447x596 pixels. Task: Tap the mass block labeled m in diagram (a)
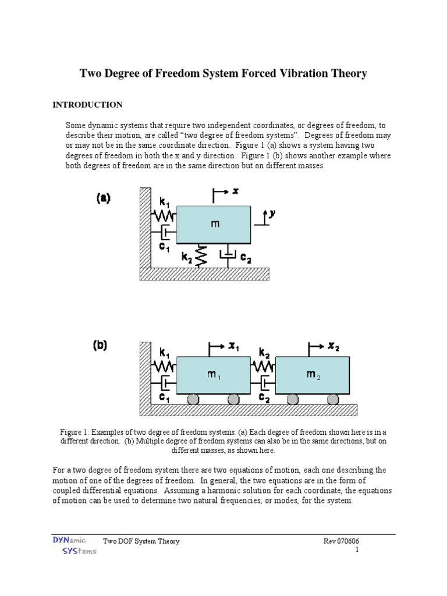tap(214, 224)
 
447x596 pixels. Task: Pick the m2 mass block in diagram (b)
tap(313, 375)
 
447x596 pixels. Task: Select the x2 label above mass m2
tap(333, 347)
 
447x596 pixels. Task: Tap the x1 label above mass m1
tap(235, 347)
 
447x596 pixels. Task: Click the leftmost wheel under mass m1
tap(193, 399)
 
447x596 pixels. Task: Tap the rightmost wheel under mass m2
tap(332, 399)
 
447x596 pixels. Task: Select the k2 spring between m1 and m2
tap(263, 367)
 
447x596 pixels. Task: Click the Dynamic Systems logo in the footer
tap(72, 545)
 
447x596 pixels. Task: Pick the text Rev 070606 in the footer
tap(345, 541)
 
